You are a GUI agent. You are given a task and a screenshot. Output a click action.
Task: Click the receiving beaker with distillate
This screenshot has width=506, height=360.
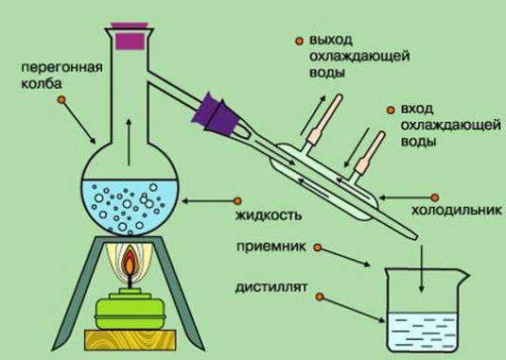point(422,312)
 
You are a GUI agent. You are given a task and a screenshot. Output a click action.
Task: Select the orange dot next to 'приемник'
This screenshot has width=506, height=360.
point(316,249)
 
